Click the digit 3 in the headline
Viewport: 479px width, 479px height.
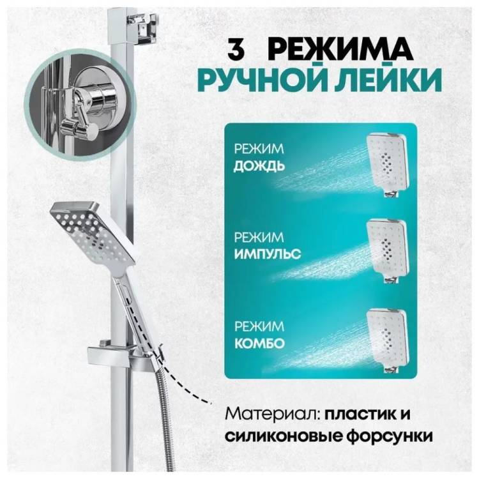(236, 49)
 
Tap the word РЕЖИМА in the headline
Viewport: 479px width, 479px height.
(342, 49)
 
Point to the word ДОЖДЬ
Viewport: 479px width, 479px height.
(259, 166)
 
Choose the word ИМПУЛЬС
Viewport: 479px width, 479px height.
(268, 254)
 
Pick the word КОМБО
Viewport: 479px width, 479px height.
(260, 343)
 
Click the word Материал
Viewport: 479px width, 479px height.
(273, 414)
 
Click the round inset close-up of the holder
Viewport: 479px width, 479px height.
(80, 105)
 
